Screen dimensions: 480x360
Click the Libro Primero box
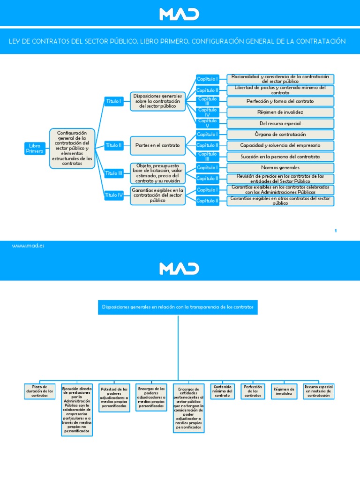coord(35,149)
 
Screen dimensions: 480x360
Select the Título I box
coord(113,101)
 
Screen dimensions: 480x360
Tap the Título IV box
coord(113,195)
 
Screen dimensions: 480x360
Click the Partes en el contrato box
coord(157,145)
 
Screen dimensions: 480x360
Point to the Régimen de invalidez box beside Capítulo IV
coord(280,112)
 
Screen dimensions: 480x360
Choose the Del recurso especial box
coord(280,123)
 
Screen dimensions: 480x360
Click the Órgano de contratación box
coord(280,135)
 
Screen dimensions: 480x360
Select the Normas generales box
coord(280,167)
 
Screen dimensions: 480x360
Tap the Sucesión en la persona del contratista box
coord(280,156)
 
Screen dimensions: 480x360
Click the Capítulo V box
coord(207,123)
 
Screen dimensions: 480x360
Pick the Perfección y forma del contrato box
coord(280,101)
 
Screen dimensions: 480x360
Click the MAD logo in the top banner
coord(180,14)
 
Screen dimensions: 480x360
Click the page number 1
coord(336,231)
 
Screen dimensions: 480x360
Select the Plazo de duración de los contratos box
coord(39,391)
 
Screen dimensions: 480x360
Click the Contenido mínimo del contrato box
coord(222,392)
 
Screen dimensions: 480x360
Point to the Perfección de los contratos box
coord(252,392)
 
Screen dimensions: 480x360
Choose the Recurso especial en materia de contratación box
coord(319,392)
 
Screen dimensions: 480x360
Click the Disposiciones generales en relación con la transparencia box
coord(178,307)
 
